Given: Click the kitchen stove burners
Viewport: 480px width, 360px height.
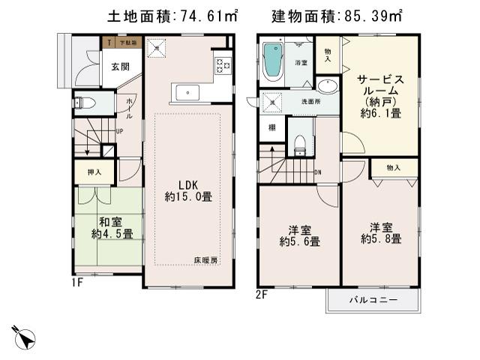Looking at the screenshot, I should tap(223, 64).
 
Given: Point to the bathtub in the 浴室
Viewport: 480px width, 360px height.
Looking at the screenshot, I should tap(271, 64).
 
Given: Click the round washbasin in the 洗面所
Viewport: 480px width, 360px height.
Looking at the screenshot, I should tap(328, 85).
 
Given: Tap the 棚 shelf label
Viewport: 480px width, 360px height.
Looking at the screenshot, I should tap(271, 127).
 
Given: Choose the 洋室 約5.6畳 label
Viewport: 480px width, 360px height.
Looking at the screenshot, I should tap(300, 235).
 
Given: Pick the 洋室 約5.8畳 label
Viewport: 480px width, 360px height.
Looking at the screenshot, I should tap(380, 232).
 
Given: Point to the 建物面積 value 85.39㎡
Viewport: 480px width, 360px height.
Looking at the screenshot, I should tap(372, 15).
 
